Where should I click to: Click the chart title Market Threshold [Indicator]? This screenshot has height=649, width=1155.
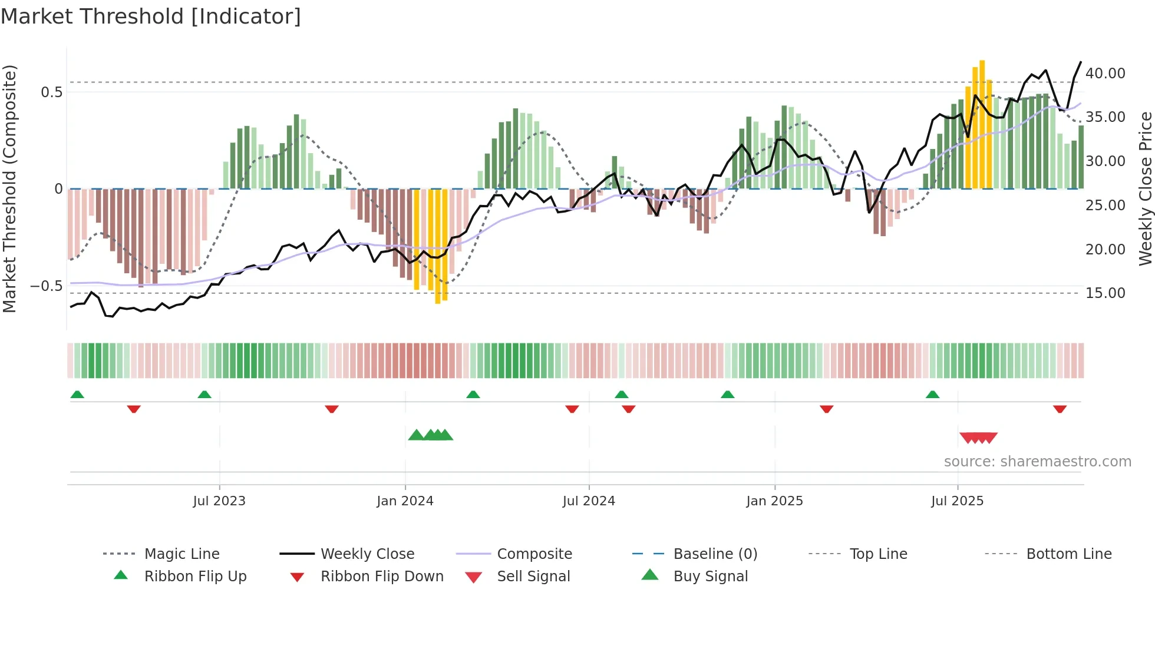[x=151, y=16]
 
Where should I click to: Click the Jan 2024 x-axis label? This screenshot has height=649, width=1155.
[x=405, y=501]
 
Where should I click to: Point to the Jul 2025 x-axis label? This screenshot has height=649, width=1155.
[x=957, y=501]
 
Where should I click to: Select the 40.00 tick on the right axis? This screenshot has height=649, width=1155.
[x=1105, y=73]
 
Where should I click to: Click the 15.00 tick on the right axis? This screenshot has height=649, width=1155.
[x=1105, y=293]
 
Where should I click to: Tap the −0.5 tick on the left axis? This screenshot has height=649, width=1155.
[x=46, y=286]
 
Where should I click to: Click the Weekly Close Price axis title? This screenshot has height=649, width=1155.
[x=1144, y=188]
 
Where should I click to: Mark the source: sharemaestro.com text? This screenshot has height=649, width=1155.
[x=1037, y=461]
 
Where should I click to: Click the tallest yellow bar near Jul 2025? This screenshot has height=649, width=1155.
[x=982, y=124]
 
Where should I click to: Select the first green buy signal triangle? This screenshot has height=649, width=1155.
[x=416, y=435]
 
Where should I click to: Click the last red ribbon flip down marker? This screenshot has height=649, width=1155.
[x=1060, y=409]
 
